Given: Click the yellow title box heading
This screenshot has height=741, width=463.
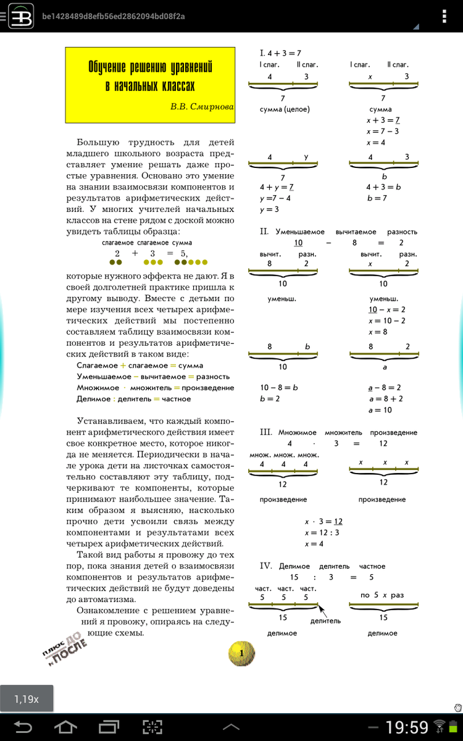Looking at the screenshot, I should (150, 75).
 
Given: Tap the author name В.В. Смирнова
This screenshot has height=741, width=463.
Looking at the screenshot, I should (202, 106).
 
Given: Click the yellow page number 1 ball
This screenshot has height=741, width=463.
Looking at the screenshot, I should (241, 653).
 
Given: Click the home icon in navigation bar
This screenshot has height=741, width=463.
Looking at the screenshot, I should (66, 727).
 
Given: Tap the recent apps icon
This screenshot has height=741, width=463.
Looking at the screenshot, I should (109, 727).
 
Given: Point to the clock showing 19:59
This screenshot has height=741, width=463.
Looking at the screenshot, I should (407, 727).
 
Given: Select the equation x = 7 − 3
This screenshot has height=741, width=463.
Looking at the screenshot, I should (382, 131).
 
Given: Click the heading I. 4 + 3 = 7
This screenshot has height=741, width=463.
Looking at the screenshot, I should (280, 53).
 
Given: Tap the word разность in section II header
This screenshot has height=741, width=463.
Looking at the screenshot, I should (402, 232).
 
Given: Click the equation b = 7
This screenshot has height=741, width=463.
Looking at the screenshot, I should (376, 198).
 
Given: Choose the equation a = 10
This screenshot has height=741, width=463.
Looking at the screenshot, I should (380, 410).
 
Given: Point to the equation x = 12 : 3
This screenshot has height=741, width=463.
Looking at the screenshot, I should (322, 532).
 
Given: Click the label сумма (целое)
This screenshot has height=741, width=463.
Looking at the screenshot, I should (285, 109).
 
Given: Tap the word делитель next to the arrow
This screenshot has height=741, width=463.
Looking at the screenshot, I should (325, 621).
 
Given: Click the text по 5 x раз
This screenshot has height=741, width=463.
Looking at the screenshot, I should (382, 595).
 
